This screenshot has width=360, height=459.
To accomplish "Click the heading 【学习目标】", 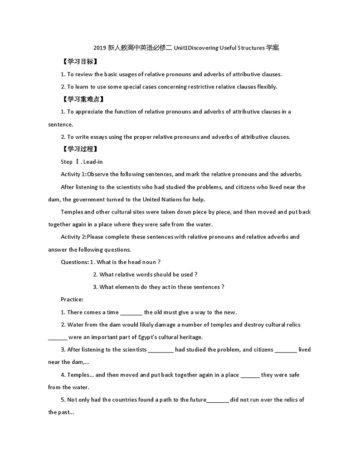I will (x=79, y=62).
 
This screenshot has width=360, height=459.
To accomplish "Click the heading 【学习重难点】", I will (x=83, y=99).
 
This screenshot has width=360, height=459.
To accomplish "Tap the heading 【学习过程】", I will (x=79, y=149).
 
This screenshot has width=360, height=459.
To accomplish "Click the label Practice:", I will (x=72, y=299).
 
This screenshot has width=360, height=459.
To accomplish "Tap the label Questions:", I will (x=74, y=262).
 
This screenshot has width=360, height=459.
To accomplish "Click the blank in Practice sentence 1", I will (x=131, y=313).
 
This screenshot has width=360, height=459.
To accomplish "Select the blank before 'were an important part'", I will (x=58, y=337).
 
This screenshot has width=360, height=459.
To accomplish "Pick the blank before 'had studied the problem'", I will (x=161, y=350).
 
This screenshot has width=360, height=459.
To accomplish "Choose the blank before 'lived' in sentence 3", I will (x=286, y=350).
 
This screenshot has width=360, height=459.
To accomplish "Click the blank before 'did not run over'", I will (x=218, y=400).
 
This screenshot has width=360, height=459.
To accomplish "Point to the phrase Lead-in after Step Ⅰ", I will (x=93, y=162).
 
